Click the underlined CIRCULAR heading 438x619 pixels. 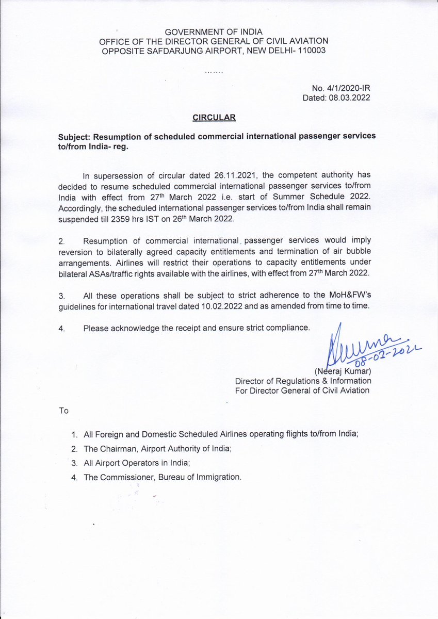pyautogui.click(x=214, y=117)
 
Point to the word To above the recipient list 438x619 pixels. pyautogui.click(x=64, y=411)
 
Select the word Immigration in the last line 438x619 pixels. pyautogui.click(x=217, y=477)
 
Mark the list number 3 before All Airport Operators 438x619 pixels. pyautogui.click(x=74, y=463)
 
